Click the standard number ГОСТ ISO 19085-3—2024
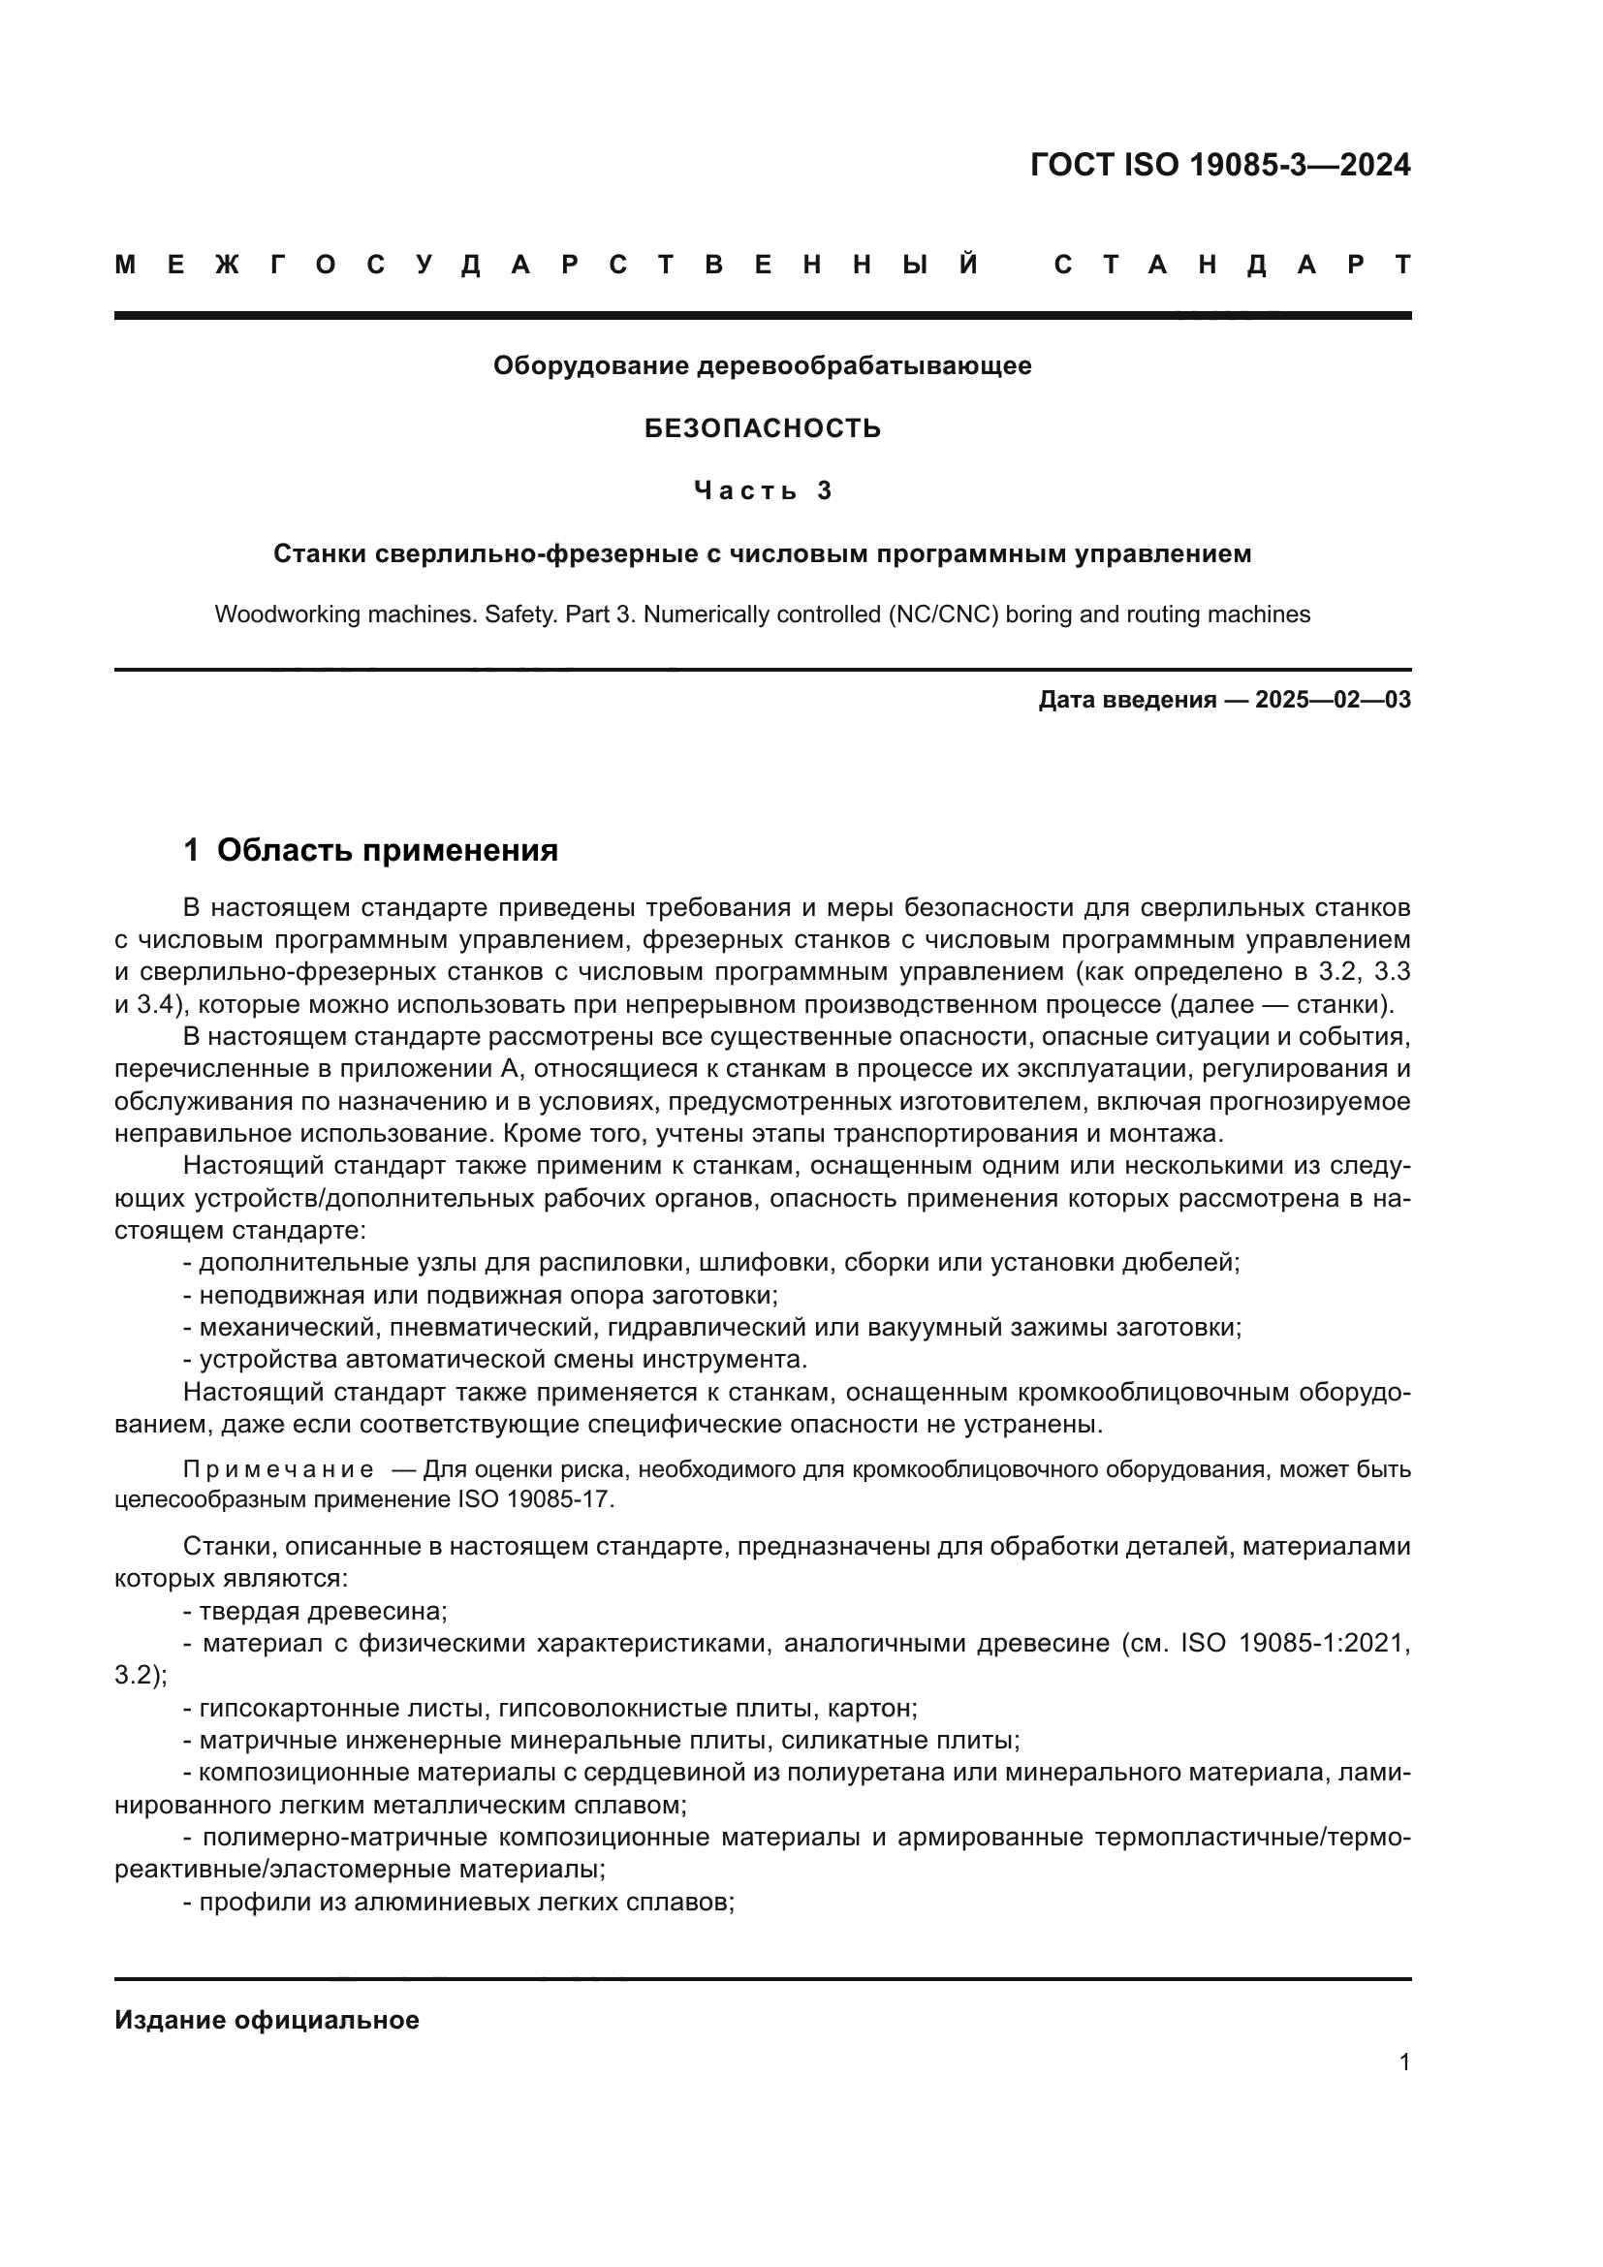1220,165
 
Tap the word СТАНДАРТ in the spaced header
1232,265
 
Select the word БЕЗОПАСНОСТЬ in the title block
762,428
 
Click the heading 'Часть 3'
762,490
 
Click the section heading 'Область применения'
387,850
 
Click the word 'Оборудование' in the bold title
593,366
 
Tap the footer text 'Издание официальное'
267,2020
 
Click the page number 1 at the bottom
1403,2062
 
